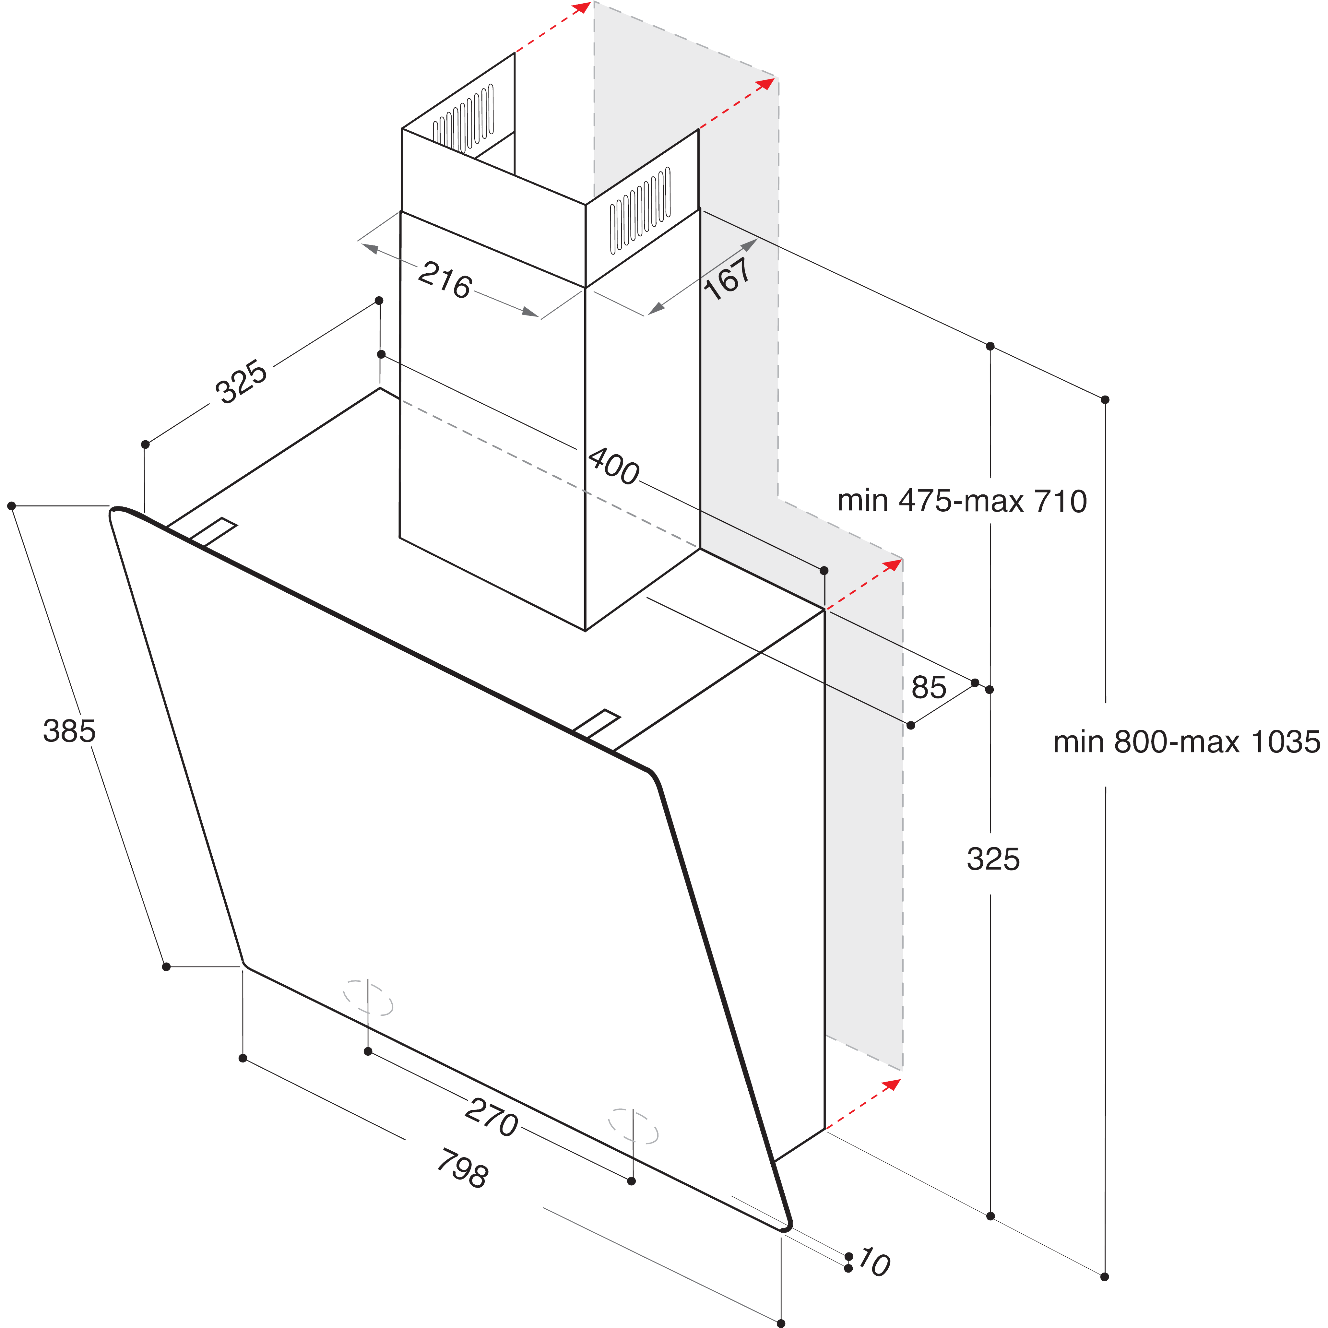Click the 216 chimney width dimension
click(x=445, y=280)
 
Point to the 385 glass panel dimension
click(x=69, y=731)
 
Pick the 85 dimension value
click(x=929, y=687)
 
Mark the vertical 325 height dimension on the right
click(x=993, y=859)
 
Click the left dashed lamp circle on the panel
click(x=368, y=998)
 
